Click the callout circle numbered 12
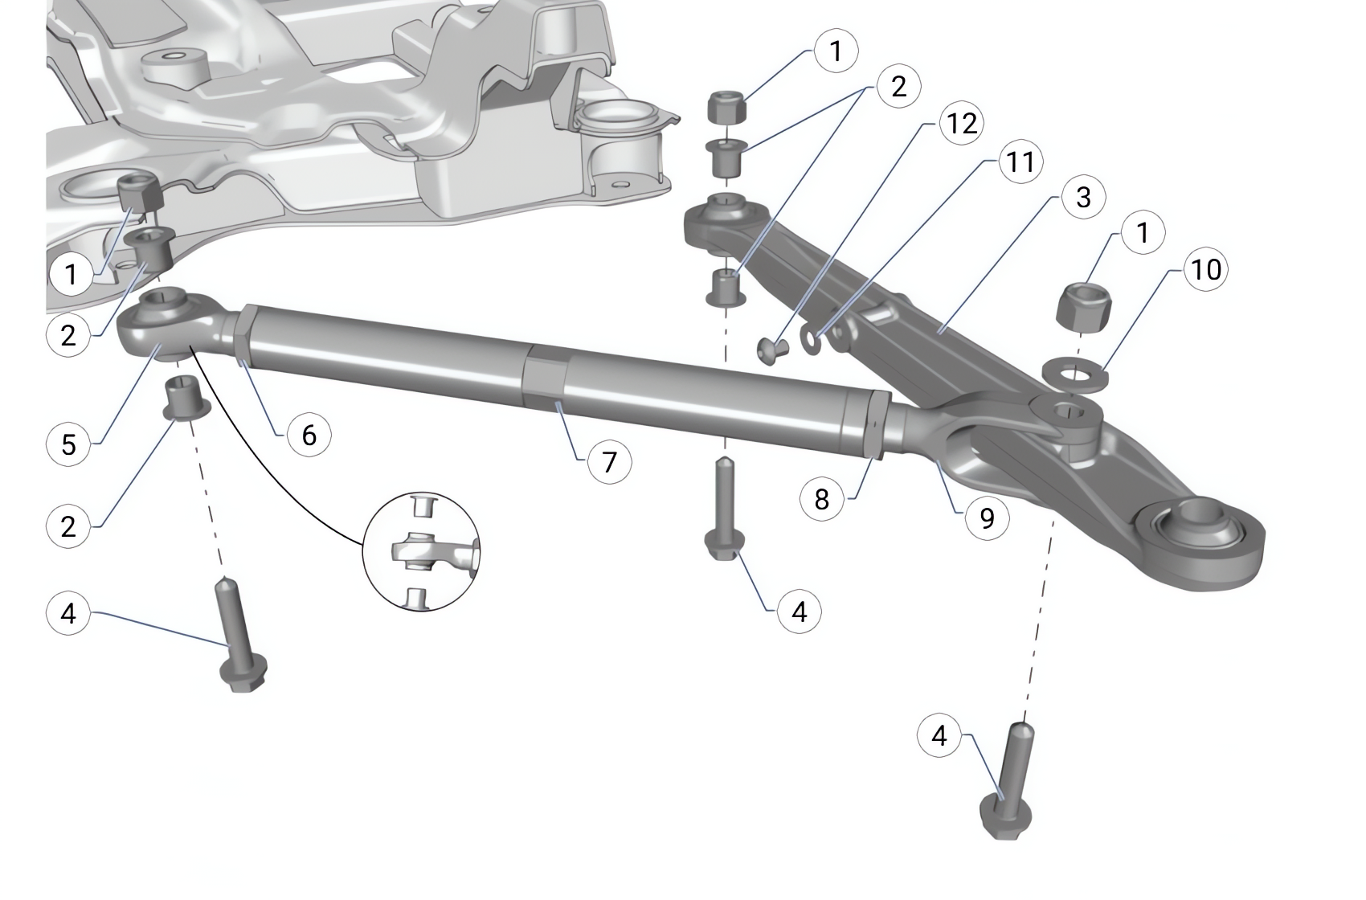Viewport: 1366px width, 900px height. point(961,123)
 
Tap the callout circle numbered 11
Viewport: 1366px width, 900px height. point(1020,162)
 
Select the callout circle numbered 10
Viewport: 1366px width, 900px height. point(1205,269)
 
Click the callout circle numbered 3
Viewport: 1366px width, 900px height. point(1083,197)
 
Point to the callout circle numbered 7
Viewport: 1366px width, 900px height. point(609,462)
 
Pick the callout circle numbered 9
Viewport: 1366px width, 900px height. point(987,518)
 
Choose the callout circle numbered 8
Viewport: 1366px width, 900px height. point(821,499)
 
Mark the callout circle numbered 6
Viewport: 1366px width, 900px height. point(309,435)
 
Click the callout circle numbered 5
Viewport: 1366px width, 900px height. point(68,444)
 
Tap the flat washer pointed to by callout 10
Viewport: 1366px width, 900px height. point(1074,373)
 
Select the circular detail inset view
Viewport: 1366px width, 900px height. point(422,553)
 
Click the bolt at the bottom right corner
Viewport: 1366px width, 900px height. point(1010,787)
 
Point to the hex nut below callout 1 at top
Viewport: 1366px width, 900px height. point(726,107)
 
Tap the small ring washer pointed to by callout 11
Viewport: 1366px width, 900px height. point(812,342)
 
